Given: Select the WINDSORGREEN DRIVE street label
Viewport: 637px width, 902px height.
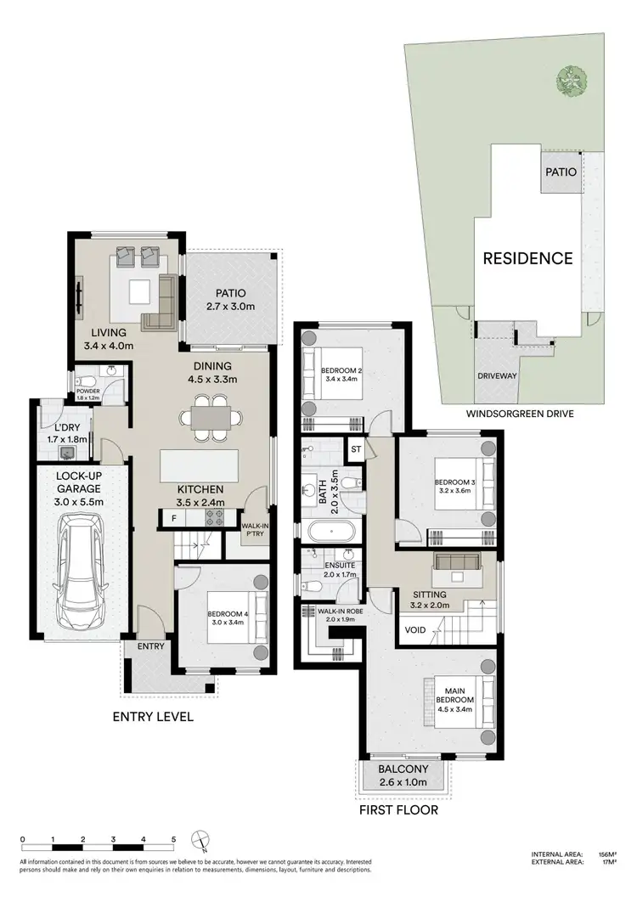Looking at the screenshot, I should (x=519, y=414).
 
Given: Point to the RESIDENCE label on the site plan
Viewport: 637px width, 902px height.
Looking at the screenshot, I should (x=528, y=258).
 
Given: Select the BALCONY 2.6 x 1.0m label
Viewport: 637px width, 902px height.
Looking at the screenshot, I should (x=403, y=776).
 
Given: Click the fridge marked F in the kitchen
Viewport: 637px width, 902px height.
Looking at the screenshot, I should (x=174, y=516).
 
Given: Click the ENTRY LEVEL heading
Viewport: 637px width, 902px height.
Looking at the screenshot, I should (x=153, y=717).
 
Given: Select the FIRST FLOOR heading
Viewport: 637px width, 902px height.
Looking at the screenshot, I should (x=397, y=810).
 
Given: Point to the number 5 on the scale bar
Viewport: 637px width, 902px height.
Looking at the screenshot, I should (x=173, y=839).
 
